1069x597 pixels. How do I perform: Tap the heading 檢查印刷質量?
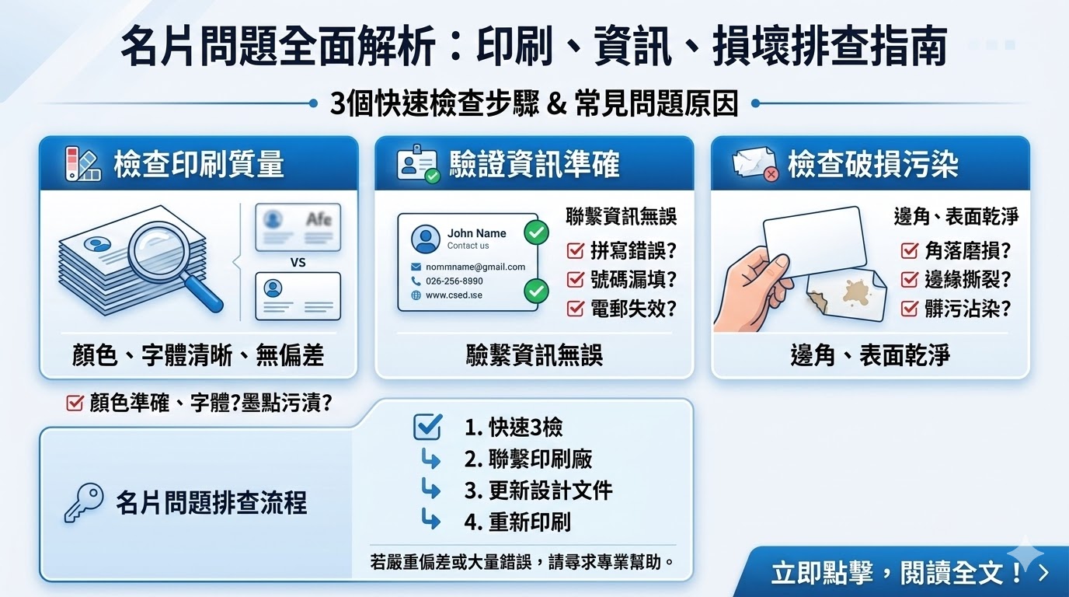198,164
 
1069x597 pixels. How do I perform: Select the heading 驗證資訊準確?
534,164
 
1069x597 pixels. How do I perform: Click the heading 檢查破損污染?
872,164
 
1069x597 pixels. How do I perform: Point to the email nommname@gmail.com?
475,267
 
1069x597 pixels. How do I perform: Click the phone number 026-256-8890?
454,281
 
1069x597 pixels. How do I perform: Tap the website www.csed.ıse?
454,295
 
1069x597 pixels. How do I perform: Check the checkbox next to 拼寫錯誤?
576,251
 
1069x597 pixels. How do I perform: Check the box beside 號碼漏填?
576,279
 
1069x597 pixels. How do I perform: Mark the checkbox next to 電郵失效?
576,308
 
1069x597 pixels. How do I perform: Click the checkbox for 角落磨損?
910,251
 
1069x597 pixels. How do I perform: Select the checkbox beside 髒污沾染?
910,309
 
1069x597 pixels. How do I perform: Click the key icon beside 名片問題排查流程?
83,503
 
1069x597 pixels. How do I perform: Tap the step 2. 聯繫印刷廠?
528,459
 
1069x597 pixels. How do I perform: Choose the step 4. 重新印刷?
517,522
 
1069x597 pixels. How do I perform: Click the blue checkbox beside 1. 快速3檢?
428,427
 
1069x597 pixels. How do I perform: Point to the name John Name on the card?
476,233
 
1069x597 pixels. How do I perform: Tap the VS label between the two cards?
298,263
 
